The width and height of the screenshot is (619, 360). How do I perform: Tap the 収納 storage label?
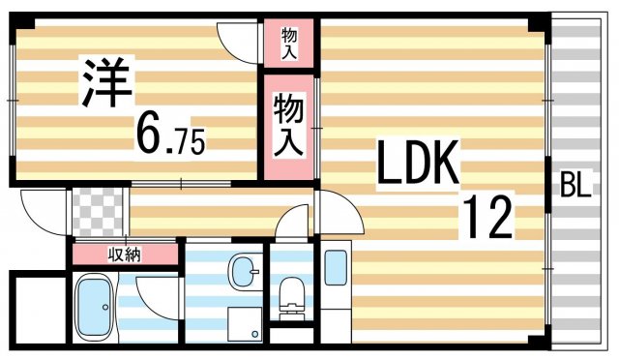(123, 255)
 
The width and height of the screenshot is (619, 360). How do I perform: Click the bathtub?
(97, 307)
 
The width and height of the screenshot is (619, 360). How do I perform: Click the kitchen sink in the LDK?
(336, 267)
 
